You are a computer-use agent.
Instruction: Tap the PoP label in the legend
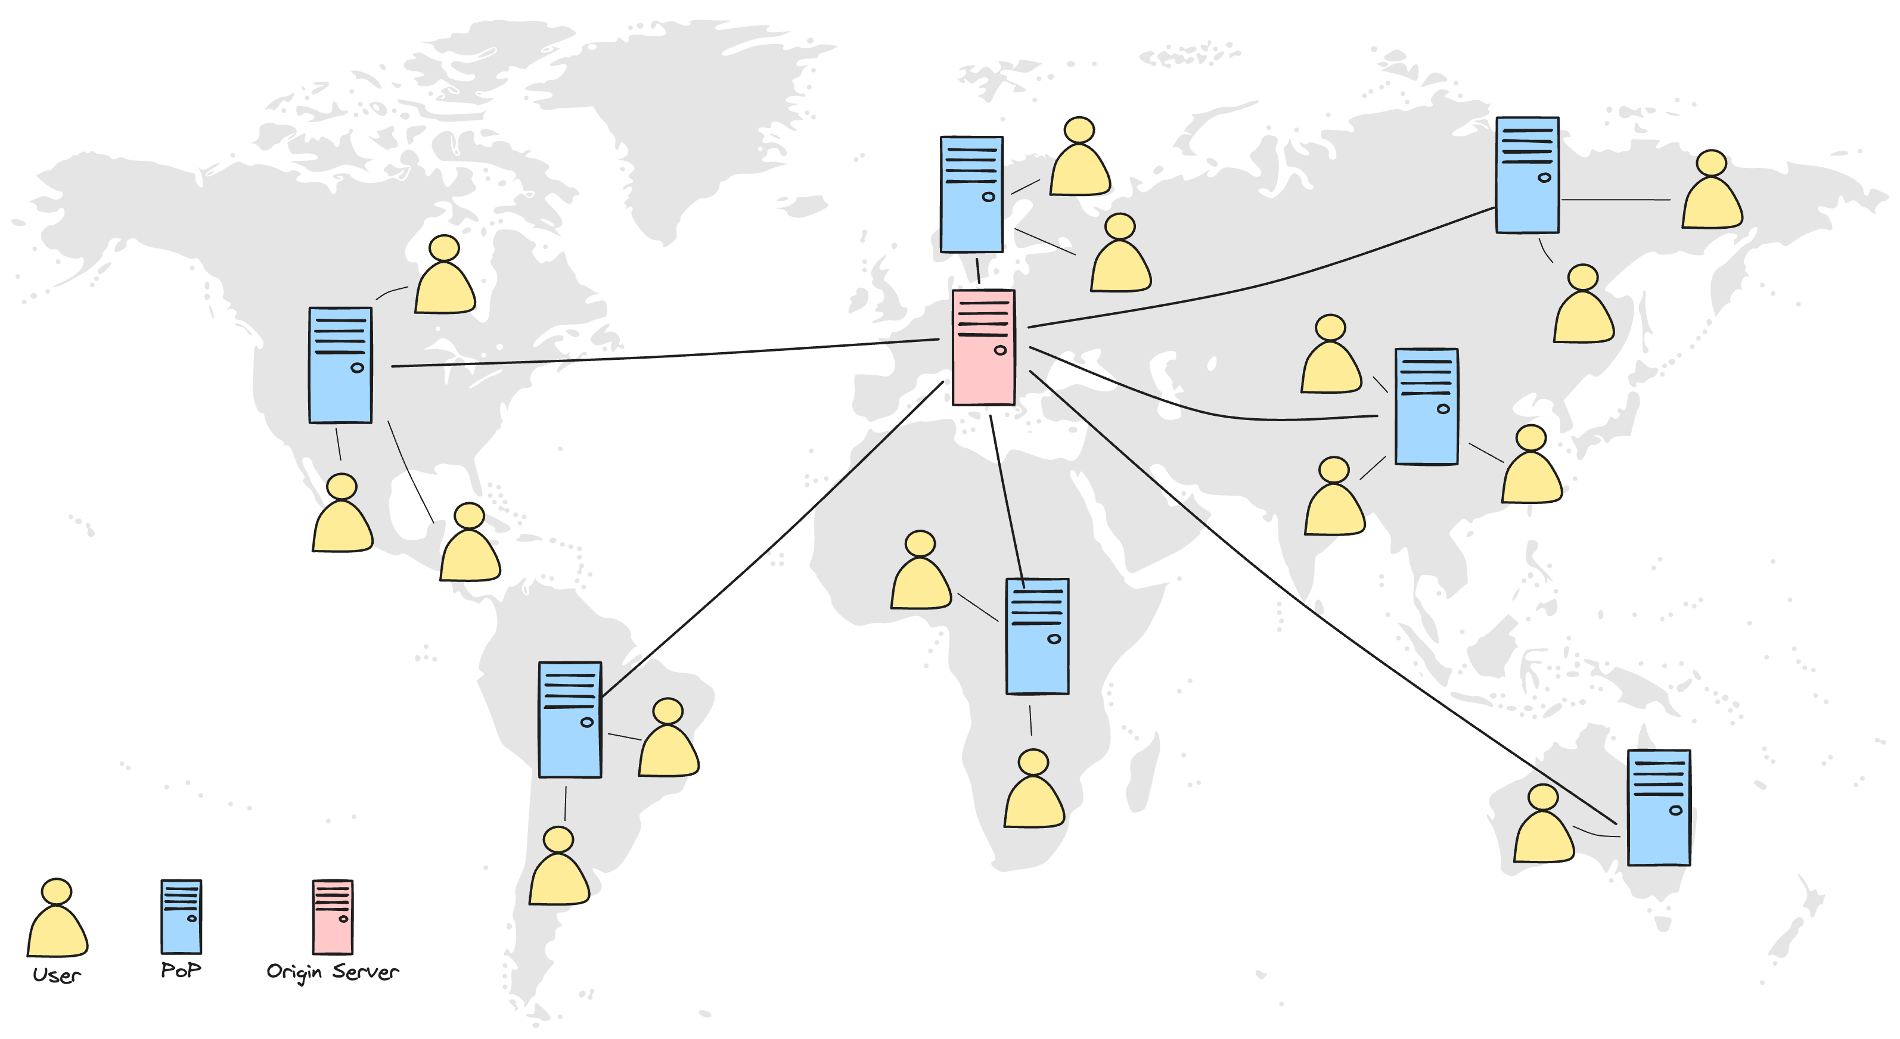point(181,970)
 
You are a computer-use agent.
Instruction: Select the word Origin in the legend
point(294,972)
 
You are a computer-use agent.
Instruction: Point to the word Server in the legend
point(365,972)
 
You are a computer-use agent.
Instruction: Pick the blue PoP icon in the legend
point(181,917)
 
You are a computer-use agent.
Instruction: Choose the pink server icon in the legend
point(333,917)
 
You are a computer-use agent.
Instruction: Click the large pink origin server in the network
point(983,347)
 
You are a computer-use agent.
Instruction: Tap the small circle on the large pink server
point(1000,350)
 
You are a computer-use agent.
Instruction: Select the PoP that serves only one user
point(1659,807)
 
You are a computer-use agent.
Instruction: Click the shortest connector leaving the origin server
point(978,270)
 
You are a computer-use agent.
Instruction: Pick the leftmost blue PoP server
point(340,366)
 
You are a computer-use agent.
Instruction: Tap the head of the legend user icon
point(57,891)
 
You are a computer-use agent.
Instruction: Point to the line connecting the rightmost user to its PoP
point(1615,199)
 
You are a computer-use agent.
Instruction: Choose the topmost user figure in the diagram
point(1080,159)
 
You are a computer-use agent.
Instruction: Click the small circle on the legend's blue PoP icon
point(192,918)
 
